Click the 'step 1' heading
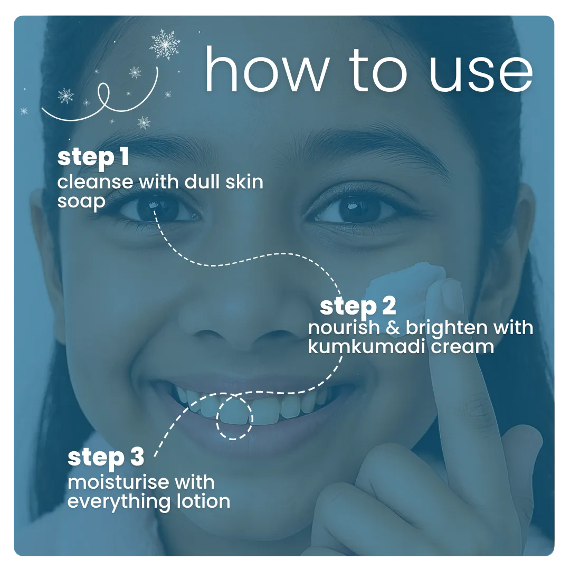click(x=93, y=158)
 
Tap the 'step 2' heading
click(x=358, y=307)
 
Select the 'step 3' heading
click(x=106, y=458)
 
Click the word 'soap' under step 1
click(x=81, y=202)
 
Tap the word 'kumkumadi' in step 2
click(x=366, y=346)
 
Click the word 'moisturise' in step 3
click(x=118, y=482)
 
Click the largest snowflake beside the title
click(x=165, y=44)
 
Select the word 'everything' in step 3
click(x=119, y=502)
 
